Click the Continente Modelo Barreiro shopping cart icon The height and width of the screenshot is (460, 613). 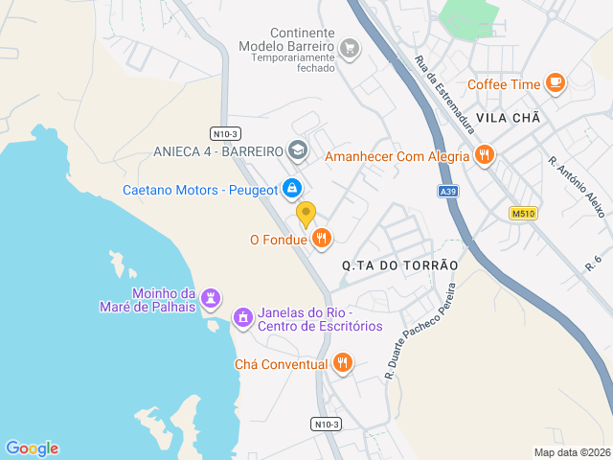(x=350, y=47)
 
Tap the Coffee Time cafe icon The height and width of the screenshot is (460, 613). (x=555, y=83)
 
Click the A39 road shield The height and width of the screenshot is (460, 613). (x=447, y=192)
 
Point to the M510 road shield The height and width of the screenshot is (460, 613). (x=522, y=213)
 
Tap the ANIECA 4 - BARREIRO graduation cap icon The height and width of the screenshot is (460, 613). (x=297, y=151)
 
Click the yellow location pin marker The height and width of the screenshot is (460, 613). (x=306, y=213)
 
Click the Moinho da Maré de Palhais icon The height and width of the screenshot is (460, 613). (x=211, y=299)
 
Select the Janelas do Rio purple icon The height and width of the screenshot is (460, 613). (x=242, y=316)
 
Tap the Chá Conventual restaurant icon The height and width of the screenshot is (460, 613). (x=343, y=363)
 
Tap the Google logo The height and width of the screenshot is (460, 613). (x=32, y=448)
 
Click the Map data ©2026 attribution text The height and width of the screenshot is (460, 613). (x=571, y=452)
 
